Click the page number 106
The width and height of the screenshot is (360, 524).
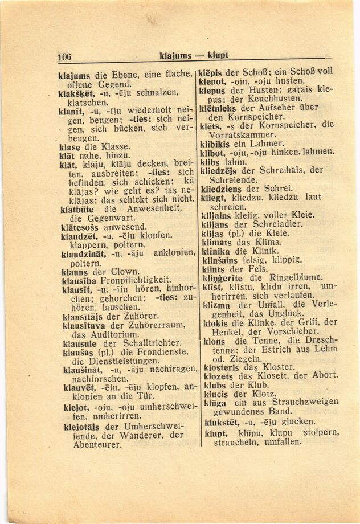[64, 56]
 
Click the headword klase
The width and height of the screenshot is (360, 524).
[69, 146]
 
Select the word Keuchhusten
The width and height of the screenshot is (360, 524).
[275, 98]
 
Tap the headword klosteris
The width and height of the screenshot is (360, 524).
[218, 367]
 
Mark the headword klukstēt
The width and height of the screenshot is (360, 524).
[219, 421]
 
